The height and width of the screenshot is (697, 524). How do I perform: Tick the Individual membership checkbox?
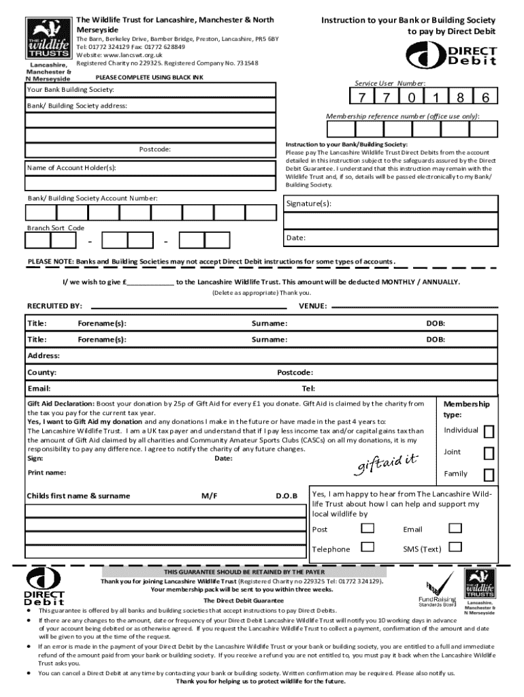click(488, 432)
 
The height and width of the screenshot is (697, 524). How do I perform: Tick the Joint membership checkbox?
click(488, 453)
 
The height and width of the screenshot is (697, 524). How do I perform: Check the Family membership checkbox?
click(488, 474)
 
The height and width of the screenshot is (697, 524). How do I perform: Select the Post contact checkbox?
click(367, 529)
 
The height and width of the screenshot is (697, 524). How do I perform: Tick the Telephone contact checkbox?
click(367, 547)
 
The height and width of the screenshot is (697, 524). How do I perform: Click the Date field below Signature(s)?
click(389, 238)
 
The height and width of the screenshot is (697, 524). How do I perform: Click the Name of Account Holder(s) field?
click(150, 168)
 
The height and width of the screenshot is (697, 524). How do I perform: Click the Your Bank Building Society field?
click(150, 90)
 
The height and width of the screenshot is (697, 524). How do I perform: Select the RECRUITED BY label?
click(54, 306)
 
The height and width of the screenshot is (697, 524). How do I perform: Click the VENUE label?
click(313, 306)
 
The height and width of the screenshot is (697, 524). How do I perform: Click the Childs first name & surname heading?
click(78, 496)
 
